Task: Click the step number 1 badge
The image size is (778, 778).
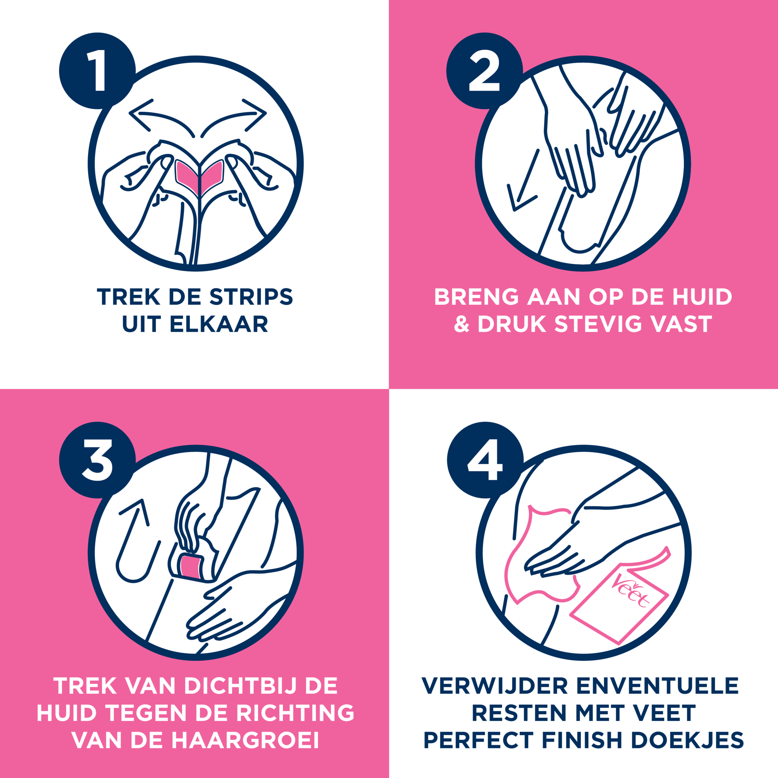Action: pos(97,71)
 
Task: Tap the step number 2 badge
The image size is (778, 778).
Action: pos(484,71)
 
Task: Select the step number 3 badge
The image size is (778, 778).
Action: pos(97,460)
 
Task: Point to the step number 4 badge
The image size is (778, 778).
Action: pos(485,460)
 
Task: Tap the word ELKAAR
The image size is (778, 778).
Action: pos(219,324)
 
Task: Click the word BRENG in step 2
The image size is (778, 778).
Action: pos(476,297)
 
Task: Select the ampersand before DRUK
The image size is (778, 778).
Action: pos(462,324)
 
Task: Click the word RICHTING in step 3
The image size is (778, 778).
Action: pos(295,713)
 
